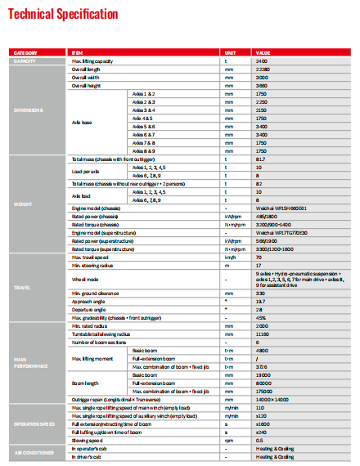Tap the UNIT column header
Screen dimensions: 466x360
(232, 53)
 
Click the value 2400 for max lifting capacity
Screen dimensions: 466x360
(262, 61)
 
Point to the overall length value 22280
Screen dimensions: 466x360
(263, 69)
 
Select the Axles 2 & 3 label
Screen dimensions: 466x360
(144, 102)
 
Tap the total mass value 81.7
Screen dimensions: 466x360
(260, 159)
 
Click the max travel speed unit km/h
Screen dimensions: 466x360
(230, 258)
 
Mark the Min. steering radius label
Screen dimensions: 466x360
(90, 266)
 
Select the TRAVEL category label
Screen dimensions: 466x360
(22, 288)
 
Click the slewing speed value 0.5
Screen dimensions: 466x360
(259, 440)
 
